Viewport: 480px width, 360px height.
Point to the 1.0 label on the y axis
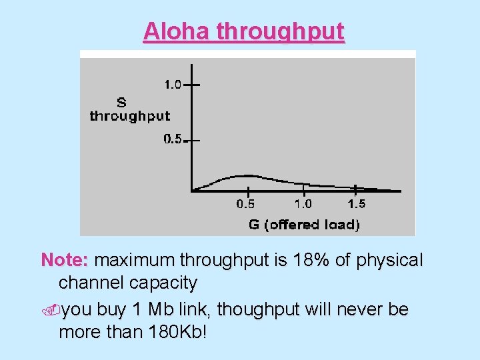pyautogui.click(x=173, y=84)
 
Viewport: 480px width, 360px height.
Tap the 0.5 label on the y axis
pyautogui.click(x=173, y=139)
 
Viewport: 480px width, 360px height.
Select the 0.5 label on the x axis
pyautogui.click(x=245, y=205)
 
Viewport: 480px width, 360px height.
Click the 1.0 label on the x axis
pyautogui.click(x=303, y=205)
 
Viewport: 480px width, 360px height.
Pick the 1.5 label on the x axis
pyautogui.click(x=357, y=205)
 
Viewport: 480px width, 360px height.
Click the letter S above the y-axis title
pyautogui.click(x=121, y=103)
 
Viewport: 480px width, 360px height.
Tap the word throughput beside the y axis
pyautogui.click(x=130, y=116)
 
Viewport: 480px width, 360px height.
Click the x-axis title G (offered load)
pyautogui.click(x=304, y=225)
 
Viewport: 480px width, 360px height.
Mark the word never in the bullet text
pyautogui.click(x=365, y=309)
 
